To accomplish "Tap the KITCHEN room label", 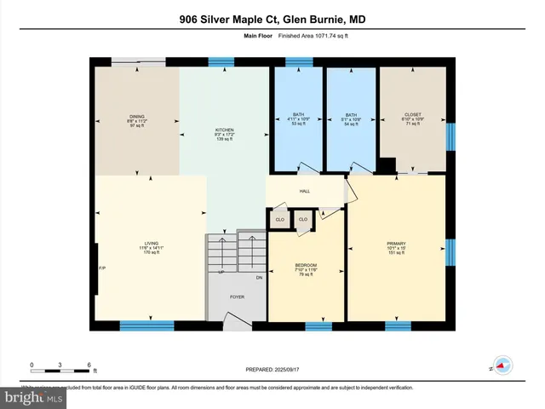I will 224,129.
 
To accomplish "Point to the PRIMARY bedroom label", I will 396,245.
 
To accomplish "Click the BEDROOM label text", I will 306,266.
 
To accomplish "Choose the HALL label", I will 304,191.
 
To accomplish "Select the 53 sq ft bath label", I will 297,117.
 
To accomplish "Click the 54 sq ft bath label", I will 353,117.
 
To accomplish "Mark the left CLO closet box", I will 279,220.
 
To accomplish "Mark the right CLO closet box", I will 302,220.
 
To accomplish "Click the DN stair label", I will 259,278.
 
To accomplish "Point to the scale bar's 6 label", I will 89,365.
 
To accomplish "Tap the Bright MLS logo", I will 33,397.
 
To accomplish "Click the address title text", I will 272,18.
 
